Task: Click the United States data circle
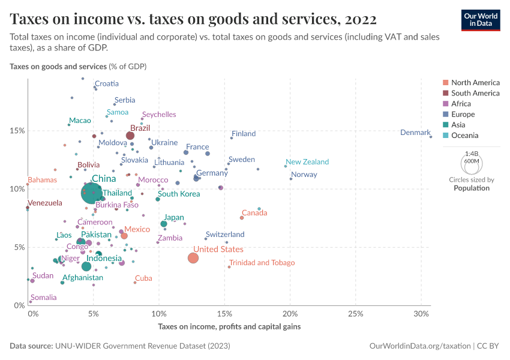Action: click(193, 258)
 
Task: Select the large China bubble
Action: click(92, 194)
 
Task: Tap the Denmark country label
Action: click(415, 133)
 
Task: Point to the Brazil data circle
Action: click(130, 136)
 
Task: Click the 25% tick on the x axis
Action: click(356, 314)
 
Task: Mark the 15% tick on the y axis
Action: click(16, 131)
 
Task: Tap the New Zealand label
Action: click(307, 162)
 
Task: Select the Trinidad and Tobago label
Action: click(262, 263)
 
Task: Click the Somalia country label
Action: click(44, 298)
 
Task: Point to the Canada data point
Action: click(242, 217)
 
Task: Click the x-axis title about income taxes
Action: click(229, 326)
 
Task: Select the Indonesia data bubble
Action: click(86, 266)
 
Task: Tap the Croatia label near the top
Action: click(107, 84)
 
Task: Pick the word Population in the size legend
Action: click(471, 188)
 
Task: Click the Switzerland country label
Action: click(225, 235)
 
